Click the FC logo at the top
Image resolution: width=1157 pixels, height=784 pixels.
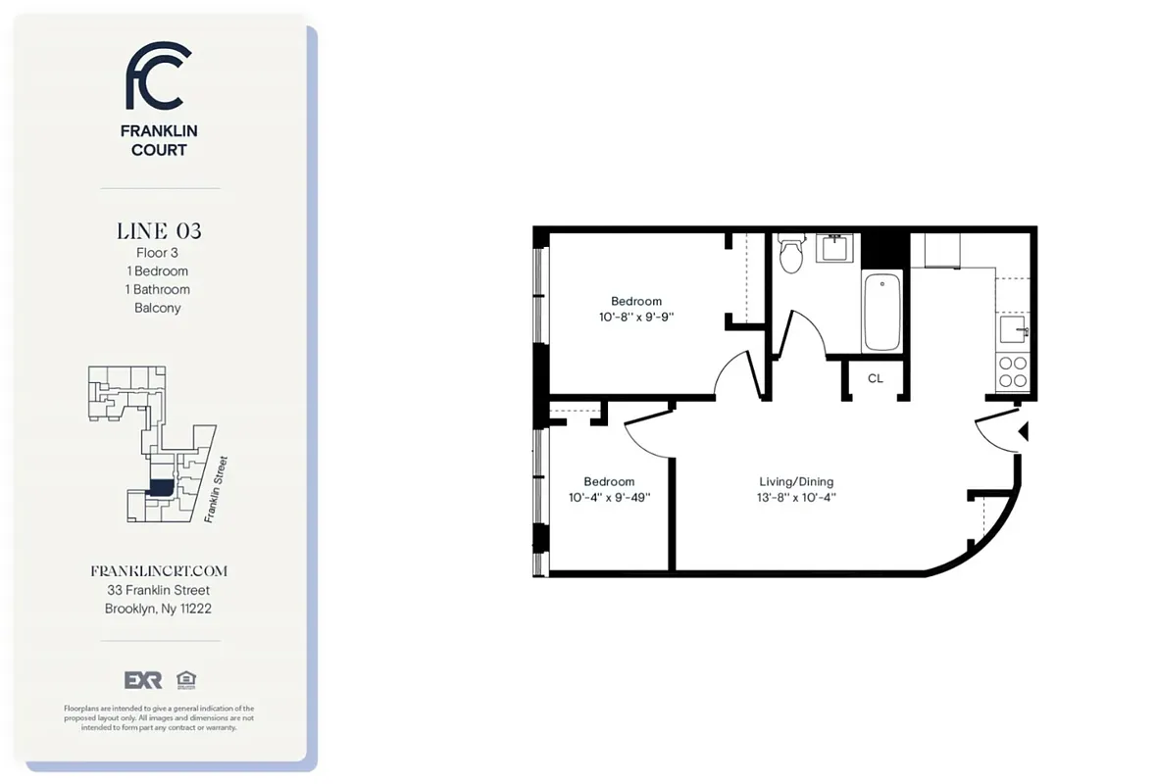158,76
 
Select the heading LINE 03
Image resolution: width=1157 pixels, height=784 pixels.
159,231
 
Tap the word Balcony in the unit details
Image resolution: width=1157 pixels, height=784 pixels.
158,308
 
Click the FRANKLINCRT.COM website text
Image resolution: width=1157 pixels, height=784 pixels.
159,570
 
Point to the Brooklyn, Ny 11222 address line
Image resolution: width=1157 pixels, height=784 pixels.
159,609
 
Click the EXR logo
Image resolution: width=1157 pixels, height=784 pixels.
142,680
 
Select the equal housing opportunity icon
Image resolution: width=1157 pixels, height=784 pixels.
184,680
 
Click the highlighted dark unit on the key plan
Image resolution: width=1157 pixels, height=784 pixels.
159,486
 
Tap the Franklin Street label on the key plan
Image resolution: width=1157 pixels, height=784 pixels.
217,490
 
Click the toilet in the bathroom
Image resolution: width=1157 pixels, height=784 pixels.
790,257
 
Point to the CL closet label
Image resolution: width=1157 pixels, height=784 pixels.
876,378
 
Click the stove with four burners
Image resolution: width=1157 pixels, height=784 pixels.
1012,371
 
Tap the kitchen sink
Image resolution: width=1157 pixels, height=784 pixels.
1012,326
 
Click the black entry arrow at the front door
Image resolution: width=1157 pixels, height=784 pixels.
1023,431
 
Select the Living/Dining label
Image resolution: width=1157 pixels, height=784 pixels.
796,481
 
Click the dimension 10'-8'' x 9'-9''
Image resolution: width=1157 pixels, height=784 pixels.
636,318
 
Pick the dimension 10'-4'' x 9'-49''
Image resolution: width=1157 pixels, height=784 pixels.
609,498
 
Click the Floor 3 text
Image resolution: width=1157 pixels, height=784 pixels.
158,253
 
